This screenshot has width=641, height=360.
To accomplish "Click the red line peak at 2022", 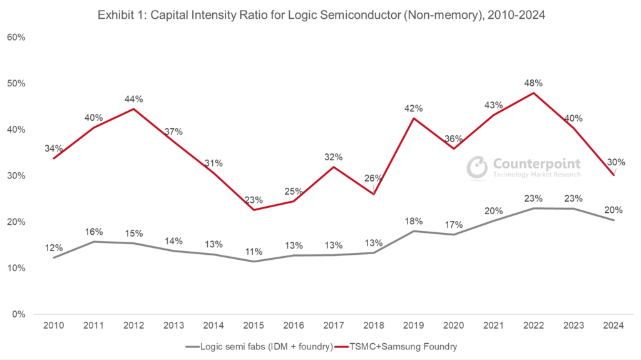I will coord(533,93).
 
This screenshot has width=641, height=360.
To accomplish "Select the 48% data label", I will coord(533,83).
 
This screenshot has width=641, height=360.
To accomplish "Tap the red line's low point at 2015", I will coord(254,209).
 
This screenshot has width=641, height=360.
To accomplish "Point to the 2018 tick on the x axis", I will coord(374,326).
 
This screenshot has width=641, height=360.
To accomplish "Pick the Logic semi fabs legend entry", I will coord(258,346).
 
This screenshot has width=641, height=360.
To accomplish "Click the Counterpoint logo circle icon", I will coord(478,167).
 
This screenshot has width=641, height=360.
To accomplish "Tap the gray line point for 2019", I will coord(414,231).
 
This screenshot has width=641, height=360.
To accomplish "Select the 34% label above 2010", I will coord(53,148).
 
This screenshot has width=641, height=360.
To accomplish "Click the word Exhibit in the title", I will coord(116,15).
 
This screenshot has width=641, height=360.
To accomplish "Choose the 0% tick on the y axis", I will coord(18,314).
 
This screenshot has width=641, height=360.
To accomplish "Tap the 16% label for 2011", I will coord(93,231).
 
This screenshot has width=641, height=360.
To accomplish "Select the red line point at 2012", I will coord(133,109).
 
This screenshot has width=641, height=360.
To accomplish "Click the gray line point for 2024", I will coord(614,220).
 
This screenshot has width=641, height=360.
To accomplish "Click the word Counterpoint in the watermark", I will coord(537,164).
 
